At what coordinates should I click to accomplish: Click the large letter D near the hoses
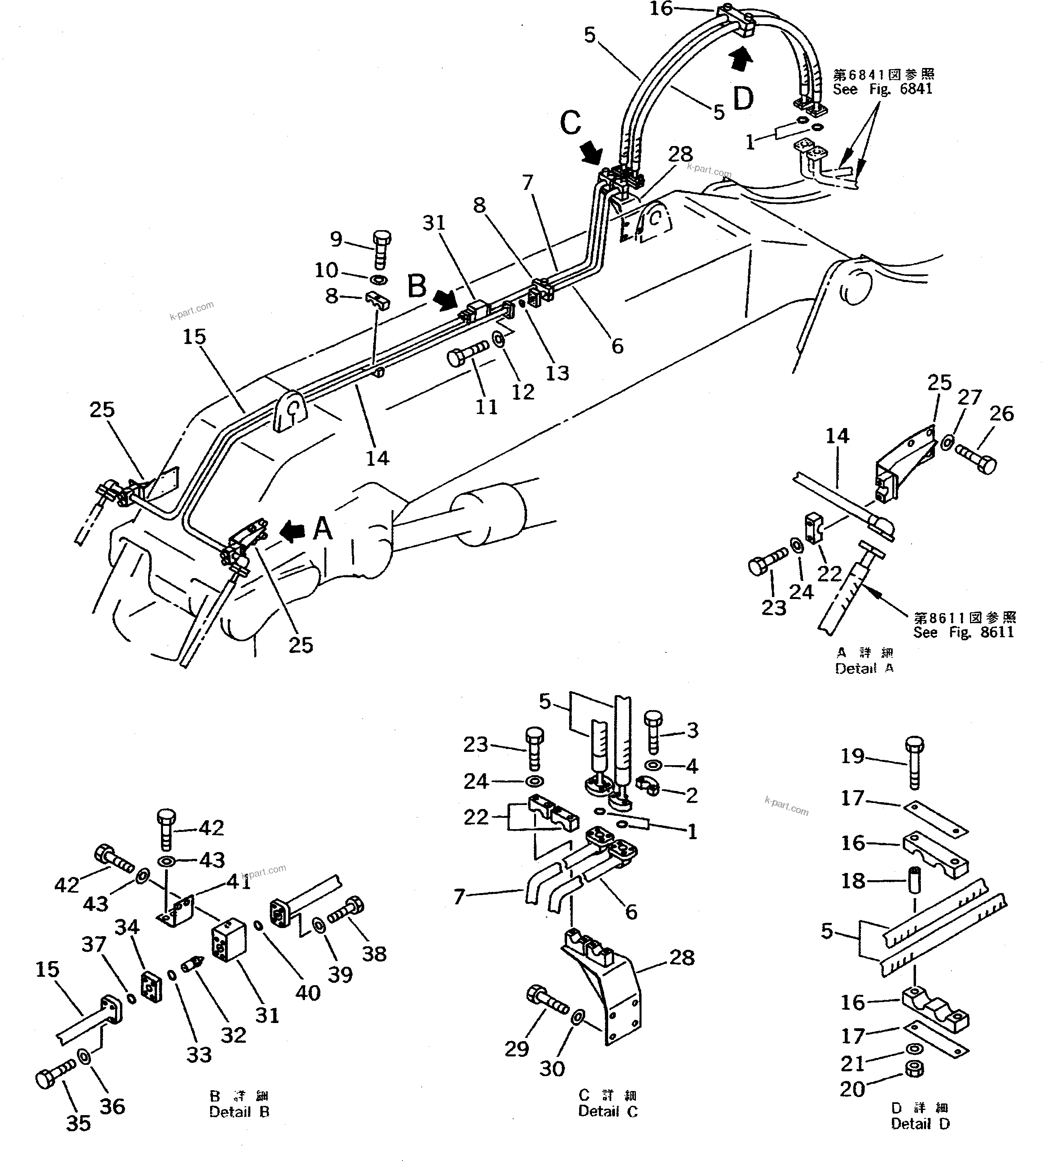click(x=743, y=99)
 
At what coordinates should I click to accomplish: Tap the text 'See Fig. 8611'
click(x=964, y=632)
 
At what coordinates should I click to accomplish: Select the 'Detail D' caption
click(x=920, y=1124)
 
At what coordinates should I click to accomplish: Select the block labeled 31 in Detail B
click(x=229, y=942)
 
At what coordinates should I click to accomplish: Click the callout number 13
click(x=557, y=373)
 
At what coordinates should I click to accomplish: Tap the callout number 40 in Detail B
click(x=307, y=993)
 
